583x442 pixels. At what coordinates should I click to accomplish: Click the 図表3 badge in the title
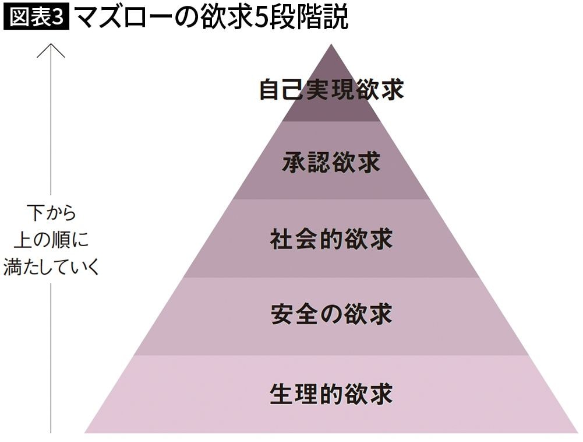36,17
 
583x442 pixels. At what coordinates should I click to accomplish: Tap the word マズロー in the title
123,17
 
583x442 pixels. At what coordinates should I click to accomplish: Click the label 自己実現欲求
331,89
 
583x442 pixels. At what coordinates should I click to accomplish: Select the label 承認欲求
331,162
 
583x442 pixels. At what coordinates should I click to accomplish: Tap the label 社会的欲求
331,238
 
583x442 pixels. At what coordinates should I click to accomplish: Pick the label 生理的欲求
331,394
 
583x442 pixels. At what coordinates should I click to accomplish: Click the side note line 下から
51,213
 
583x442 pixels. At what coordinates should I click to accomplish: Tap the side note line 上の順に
51,240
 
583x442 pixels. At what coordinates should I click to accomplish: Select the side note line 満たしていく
51,266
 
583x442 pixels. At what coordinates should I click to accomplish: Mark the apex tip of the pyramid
331,44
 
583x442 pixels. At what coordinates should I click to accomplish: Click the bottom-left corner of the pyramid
85,433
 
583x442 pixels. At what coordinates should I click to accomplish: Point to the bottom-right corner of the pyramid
578,433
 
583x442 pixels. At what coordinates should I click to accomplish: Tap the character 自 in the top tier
270,89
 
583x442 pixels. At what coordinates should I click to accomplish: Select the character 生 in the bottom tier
281,394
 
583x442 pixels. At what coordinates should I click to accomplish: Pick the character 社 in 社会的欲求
281,238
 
